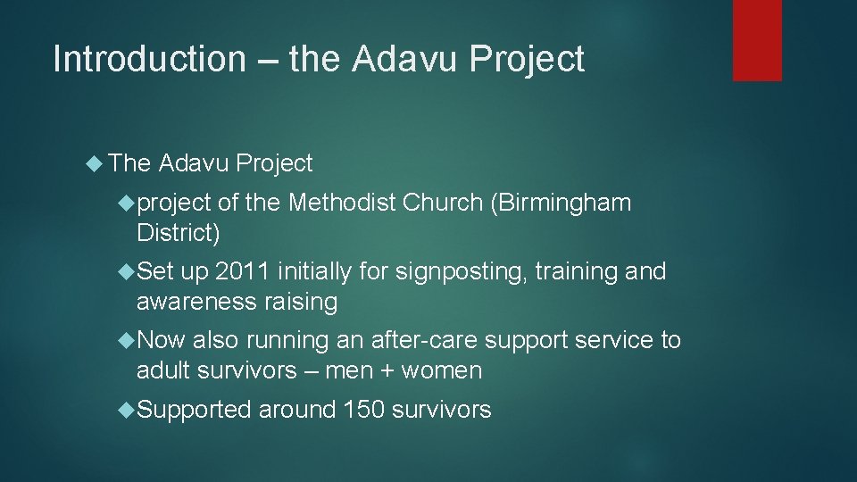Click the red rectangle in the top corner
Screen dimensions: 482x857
[x=757, y=40]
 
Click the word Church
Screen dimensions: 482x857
[x=443, y=204]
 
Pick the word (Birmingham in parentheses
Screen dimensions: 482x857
[x=561, y=204]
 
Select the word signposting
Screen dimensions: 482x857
[x=437, y=271]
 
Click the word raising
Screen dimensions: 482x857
[x=299, y=303]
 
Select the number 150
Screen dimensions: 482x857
[x=361, y=410]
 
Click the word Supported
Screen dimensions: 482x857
[x=195, y=410]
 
